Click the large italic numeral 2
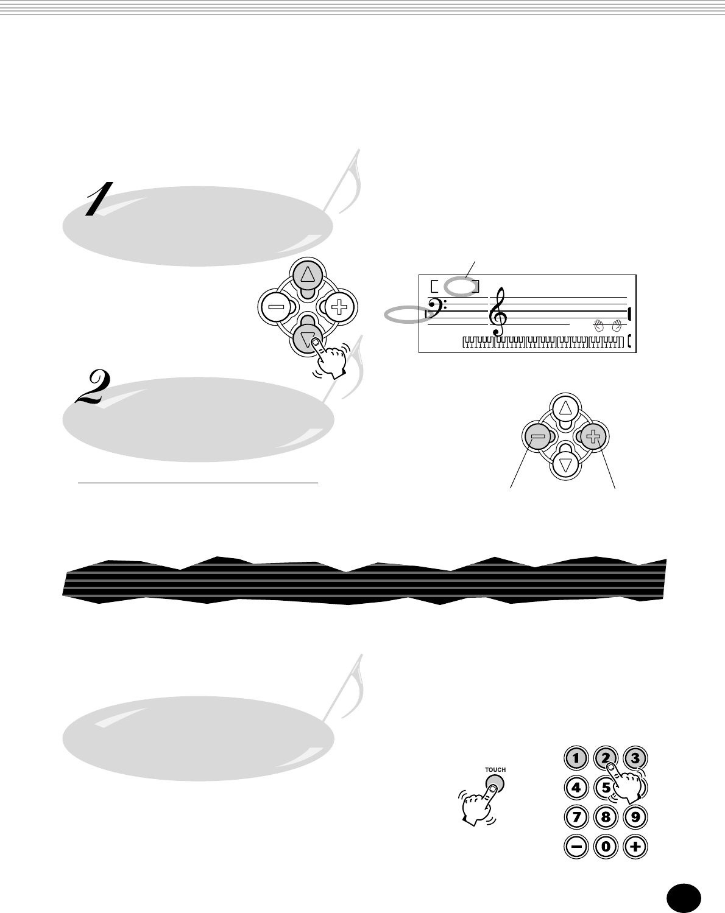pyautogui.click(x=93, y=388)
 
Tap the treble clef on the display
pyautogui.click(x=498, y=311)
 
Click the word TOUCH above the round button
pyautogui.click(x=495, y=770)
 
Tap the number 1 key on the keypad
pyautogui.click(x=576, y=758)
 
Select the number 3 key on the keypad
pyautogui.click(x=635, y=758)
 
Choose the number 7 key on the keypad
pyautogui.click(x=576, y=817)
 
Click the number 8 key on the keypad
pyautogui.click(x=606, y=817)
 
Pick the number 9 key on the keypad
pyautogui.click(x=635, y=817)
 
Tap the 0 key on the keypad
pyautogui.click(x=606, y=846)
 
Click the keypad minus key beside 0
pyautogui.click(x=576, y=846)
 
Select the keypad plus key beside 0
pyautogui.click(x=635, y=846)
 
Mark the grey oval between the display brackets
pyautogui.click(x=461, y=285)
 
